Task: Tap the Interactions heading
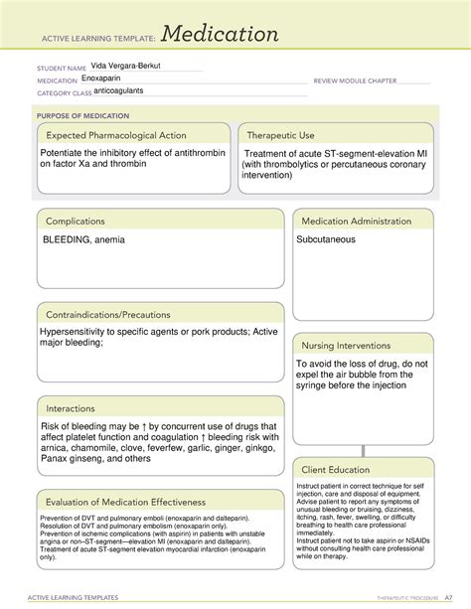point(76,408)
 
